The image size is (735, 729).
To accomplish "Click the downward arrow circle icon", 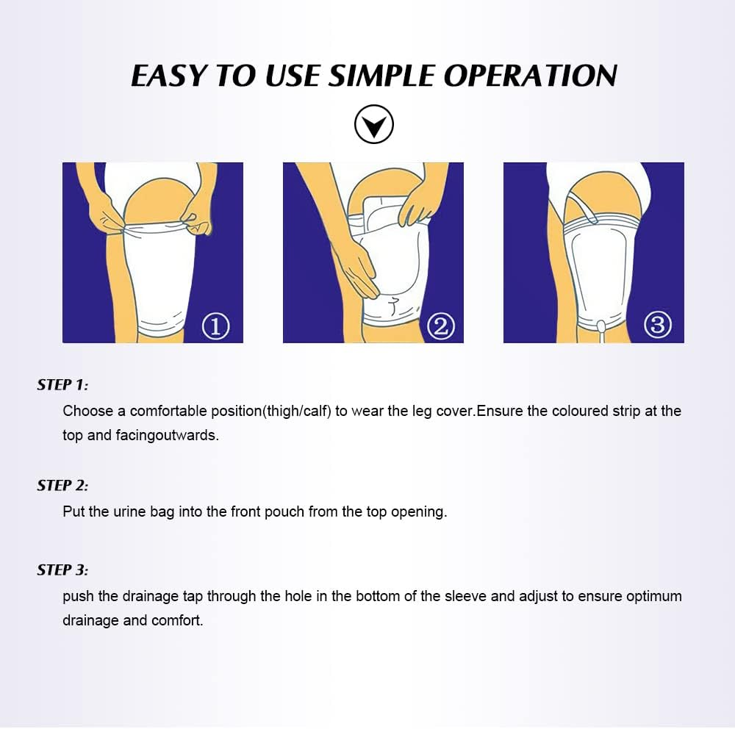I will (374, 125).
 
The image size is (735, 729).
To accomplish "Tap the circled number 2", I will (440, 326).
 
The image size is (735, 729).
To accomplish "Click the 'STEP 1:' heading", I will (62, 384).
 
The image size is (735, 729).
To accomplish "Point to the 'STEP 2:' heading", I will (62, 485).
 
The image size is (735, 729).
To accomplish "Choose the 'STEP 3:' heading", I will (62, 570).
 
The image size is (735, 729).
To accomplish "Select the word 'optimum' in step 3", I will (653, 596).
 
